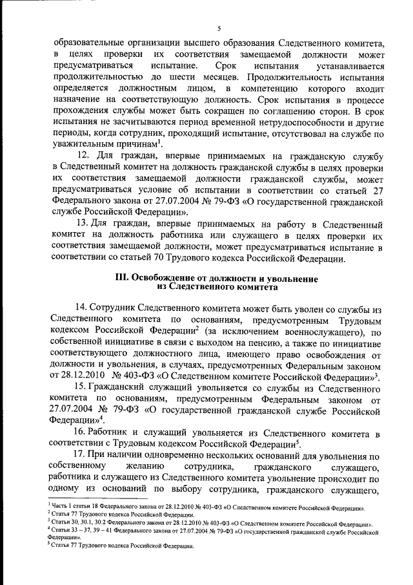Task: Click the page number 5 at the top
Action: (x=219, y=28)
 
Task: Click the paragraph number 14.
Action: (x=82, y=309)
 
